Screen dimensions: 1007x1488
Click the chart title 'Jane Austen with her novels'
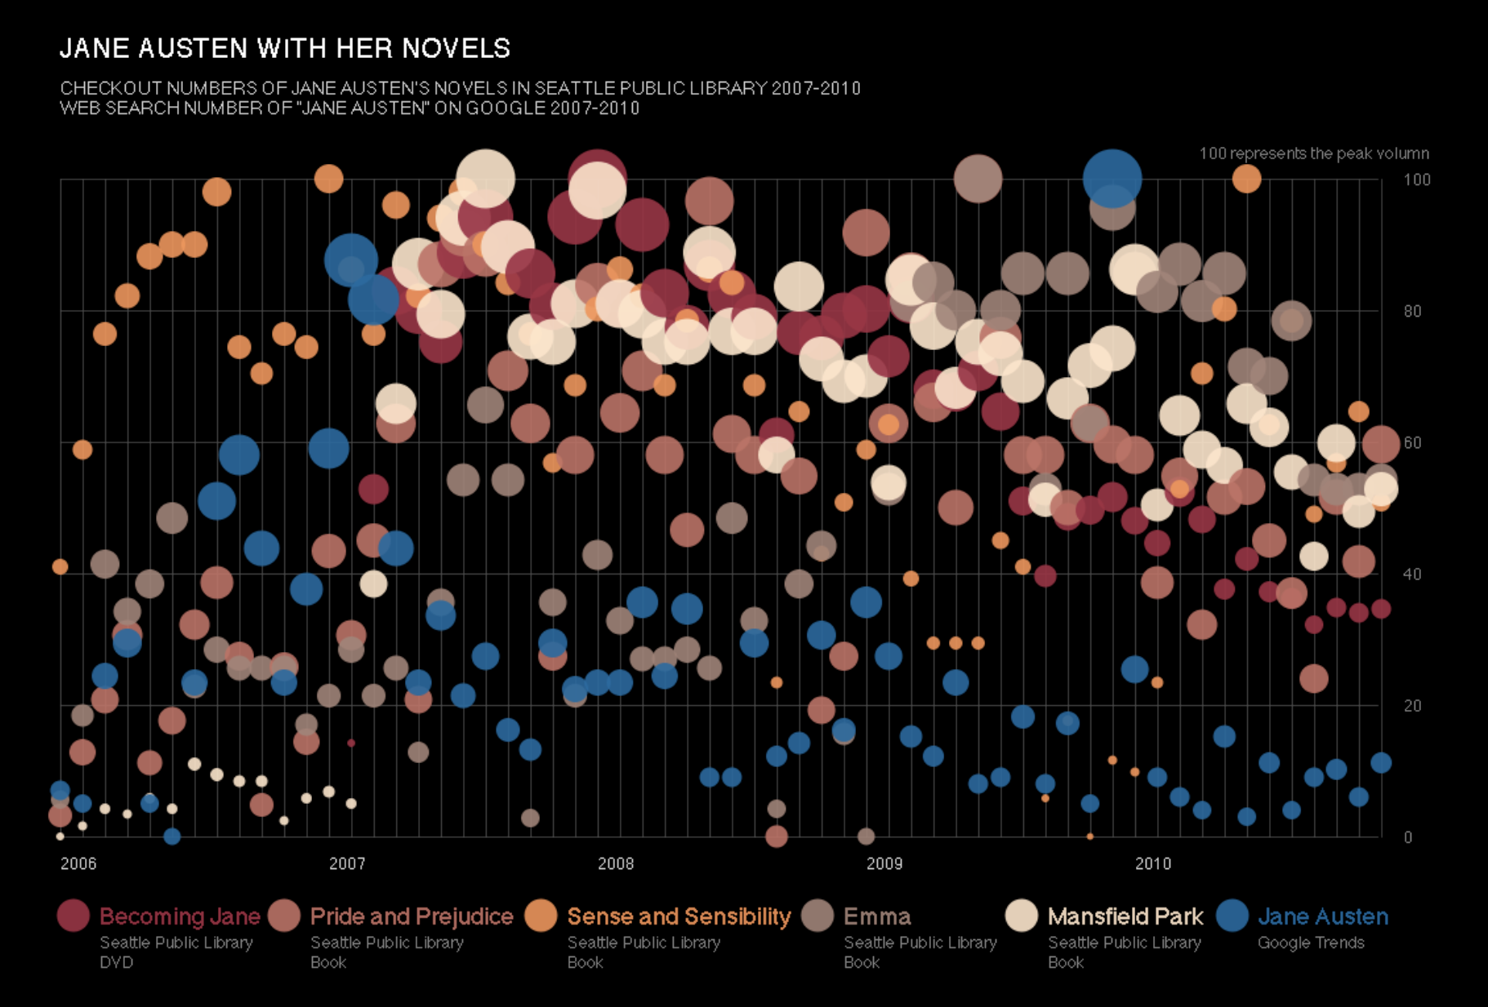285,49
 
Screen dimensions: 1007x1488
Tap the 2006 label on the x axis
78,863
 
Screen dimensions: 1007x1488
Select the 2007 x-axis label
347,863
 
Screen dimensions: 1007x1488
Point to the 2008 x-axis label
616,863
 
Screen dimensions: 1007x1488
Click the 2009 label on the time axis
884,863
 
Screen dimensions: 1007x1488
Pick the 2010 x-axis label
1153,863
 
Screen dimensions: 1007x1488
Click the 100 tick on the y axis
1417,180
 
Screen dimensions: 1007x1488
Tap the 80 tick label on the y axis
1413,311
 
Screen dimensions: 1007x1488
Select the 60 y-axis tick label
1413,442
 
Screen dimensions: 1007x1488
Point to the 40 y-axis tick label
1413,574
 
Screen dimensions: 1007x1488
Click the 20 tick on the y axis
1413,706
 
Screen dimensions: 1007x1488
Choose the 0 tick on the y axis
1408,837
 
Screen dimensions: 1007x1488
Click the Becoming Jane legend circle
73,916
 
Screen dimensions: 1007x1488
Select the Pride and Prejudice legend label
412,916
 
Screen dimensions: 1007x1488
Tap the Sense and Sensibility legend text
679,916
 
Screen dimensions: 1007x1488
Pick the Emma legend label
877,916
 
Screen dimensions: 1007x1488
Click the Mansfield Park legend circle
1022,916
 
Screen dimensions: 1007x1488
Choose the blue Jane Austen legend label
1322,916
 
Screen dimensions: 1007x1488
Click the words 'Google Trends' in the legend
1311,943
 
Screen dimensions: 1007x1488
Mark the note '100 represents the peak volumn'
1313,153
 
